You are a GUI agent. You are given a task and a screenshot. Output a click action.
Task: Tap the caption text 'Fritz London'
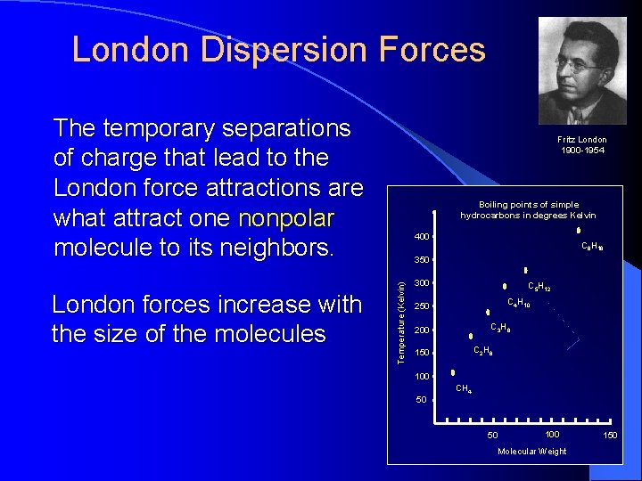click(x=582, y=140)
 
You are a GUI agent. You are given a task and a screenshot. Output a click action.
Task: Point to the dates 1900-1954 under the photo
click(x=582, y=151)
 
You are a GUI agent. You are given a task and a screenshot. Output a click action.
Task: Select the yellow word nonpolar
click(x=286, y=218)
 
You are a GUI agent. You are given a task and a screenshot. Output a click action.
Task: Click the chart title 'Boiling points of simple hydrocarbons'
click(x=528, y=210)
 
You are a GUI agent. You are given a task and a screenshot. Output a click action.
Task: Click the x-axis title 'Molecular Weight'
click(x=531, y=452)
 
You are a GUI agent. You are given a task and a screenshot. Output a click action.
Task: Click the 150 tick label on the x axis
click(x=610, y=435)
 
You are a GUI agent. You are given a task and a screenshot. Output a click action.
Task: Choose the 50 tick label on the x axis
click(x=492, y=435)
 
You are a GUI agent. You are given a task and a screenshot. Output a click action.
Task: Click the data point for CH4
click(x=453, y=372)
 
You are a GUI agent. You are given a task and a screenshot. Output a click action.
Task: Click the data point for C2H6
click(x=472, y=336)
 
